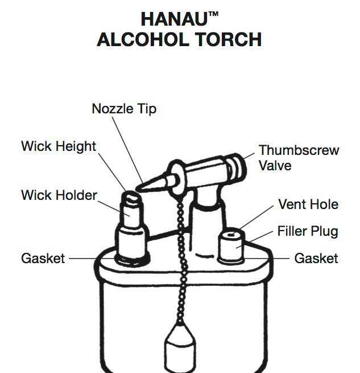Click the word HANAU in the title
click(174, 19)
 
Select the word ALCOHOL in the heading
click(143, 39)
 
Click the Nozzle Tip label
click(124, 109)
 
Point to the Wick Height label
click(59, 146)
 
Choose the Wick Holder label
click(59, 195)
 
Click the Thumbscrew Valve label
click(299, 158)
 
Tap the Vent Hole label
click(308, 204)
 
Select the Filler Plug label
click(308, 231)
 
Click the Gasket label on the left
click(43, 259)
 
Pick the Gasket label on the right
click(316, 259)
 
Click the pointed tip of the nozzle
click(137, 190)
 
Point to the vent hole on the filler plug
click(231, 235)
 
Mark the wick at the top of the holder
click(131, 197)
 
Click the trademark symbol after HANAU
click(213, 14)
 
